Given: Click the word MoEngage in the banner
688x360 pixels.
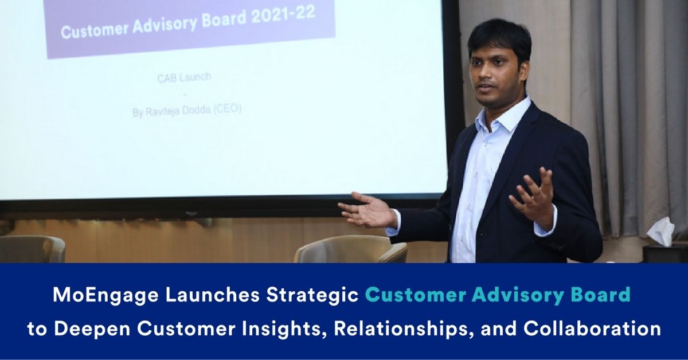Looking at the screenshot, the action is click(105, 295).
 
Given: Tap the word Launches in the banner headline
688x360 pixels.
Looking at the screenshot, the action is click(212, 295).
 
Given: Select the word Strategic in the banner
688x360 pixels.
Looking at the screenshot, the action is click(312, 295).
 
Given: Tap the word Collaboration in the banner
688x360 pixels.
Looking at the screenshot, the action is click(592, 328).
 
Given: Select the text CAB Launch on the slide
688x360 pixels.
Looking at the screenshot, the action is click(184, 77).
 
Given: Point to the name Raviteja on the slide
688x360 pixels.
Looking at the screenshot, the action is click(162, 111).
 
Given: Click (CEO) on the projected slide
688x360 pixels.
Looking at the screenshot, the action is click(227, 109).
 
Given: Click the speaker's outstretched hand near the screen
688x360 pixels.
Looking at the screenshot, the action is click(368, 209).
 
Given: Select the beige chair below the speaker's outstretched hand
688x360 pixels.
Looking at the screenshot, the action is click(350, 249).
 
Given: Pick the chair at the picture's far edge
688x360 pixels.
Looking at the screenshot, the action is click(32, 249).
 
